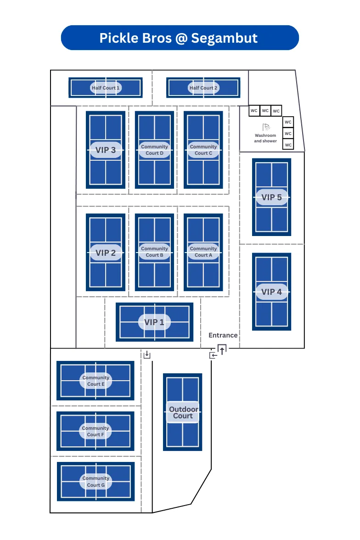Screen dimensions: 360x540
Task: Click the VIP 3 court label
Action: click(106, 150)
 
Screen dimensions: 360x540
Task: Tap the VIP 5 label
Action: click(271, 197)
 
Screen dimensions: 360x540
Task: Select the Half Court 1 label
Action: click(106, 88)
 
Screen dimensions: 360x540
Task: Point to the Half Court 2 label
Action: click(203, 88)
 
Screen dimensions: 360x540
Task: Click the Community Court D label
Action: click(154, 150)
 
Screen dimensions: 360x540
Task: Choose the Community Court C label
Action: click(203, 150)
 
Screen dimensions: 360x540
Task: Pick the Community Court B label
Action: click(154, 252)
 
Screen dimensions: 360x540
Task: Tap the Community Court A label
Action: click(203, 252)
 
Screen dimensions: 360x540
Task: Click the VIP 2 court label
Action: click(106, 253)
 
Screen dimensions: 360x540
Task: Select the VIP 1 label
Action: click(154, 322)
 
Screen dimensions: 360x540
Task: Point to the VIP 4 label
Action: click(271, 292)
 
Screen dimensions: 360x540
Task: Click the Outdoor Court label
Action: click(183, 412)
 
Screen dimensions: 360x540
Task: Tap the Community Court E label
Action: click(96, 381)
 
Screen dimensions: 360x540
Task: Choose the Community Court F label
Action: click(96, 431)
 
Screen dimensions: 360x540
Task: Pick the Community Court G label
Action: click(96, 481)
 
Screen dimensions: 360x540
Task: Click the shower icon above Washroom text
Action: click(265, 127)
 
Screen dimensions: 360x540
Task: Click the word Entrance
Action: click(223, 335)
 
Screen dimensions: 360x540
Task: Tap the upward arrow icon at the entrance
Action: click(222, 350)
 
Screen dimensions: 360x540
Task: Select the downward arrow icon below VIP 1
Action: click(147, 354)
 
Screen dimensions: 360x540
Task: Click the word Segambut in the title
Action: click(224, 38)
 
